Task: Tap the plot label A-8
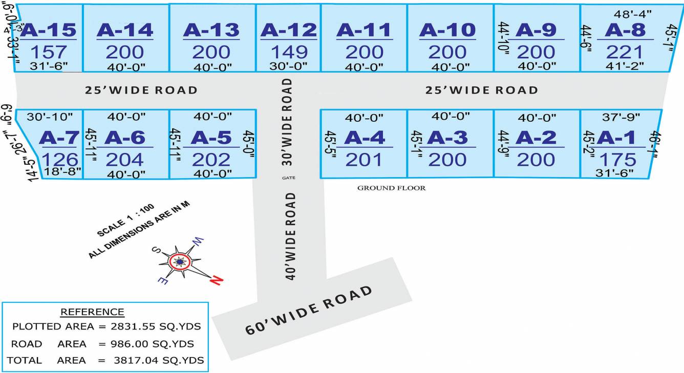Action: click(625, 30)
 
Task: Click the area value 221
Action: click(624, 52)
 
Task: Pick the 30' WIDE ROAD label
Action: click(287, 121)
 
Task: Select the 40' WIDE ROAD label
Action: click(290, 236)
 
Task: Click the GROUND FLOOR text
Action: click(391, 188)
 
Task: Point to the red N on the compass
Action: click(217, 280)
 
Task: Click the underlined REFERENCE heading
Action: click(92, 312)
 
